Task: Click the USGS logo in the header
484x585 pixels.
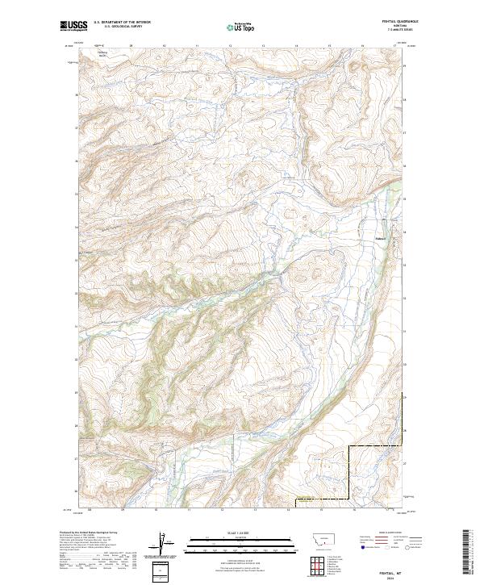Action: [73, 26]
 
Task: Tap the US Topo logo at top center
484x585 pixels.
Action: [240, 27]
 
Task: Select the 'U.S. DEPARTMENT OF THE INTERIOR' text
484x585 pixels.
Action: [122, 23]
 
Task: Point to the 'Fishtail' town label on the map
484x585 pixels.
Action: [381, 237]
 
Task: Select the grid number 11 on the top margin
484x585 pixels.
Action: [197, 45]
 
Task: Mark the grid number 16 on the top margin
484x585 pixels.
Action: [362, 45]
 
